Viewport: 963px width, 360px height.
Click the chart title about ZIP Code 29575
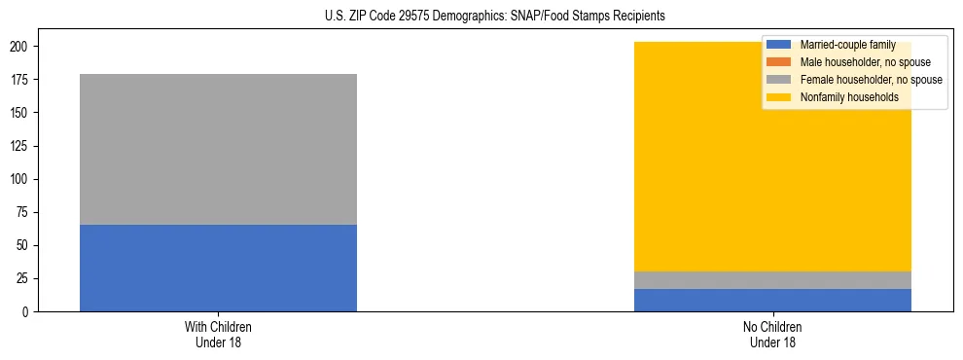pyautogui.click(x=481, y=17)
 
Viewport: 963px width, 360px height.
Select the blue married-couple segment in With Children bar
pyautogui.click(x=218, y=268)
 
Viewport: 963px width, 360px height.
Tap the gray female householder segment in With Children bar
pyautogui.click(x=218, y=149)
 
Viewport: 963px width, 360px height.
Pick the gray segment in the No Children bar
pyautogui.click(x=772, y=280)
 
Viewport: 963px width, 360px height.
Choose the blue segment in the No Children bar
pyautogui.click(x=772, y=300)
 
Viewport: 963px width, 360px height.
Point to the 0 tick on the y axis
pyautogui.click(x=25, y=311)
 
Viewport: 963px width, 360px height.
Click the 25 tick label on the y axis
pyautogui.click(x=22, y=278)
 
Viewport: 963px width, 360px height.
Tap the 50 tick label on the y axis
pyautogui.click(x=22, y=245)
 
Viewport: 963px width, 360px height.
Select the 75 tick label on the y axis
pyautogui.click(x=22, y=212)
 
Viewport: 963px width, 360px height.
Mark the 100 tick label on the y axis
pyautogui.click(x=19, y=179)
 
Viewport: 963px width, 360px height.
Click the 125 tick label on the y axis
pyautogui.click(x=19, y=146)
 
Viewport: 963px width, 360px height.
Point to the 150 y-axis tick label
pyautogui.click(x=19, y=113)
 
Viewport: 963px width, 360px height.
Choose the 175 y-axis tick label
pyautogui.click(x=19, y=80)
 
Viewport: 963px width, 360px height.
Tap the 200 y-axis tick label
pyautogui.click(x=19, y=47)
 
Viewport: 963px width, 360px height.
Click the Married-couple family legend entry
pyautogui.click(x=847, y=45)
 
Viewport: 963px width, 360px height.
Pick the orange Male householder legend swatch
pyautogui.click(x=779, y=62)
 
